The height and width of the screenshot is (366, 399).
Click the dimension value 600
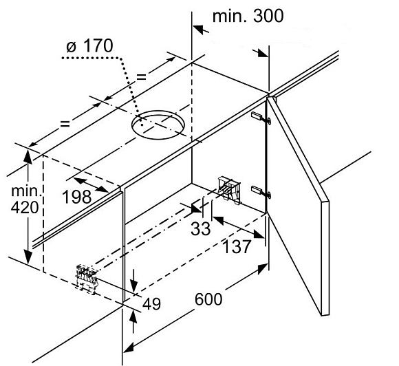tap(208, 299)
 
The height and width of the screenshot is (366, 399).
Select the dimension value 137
tap(237, 246)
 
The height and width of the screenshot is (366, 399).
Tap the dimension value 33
tap(200, 228)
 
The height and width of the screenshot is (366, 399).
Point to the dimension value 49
tap(151, 303)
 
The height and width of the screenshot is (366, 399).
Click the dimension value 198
tap(76, 197)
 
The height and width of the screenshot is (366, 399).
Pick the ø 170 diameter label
tap(89, 46)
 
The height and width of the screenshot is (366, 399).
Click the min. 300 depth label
tap(248, 16)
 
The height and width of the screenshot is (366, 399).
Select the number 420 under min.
tap(25, 207)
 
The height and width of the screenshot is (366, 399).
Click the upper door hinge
tap(261, 118)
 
